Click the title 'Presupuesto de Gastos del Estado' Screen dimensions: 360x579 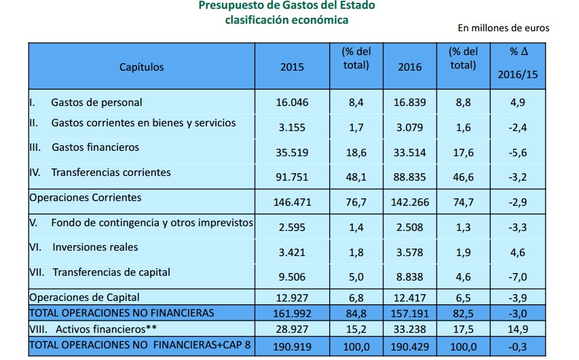pyautogui.click(x=286, y=6)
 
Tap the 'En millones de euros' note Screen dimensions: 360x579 pyautogui.click(x=503, y=28)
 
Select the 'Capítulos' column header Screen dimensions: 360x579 pyautogui.click(x=141, y=67)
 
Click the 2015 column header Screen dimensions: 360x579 pyautogui.click(x=292, y=67)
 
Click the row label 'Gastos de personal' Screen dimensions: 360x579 pyautogui.click(x=96, y=103)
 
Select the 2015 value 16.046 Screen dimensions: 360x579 pyautogui.click(x=292, y=103)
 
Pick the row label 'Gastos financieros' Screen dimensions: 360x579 pyautogui.click(x=95, y=147)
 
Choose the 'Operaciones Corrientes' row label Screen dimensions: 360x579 pyautogui.click(x=85, y=198)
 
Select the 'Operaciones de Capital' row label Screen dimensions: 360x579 pyautogui.click(x=84, y=297)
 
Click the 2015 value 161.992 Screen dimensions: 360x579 pyautogui.click(x=292, y=313)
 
